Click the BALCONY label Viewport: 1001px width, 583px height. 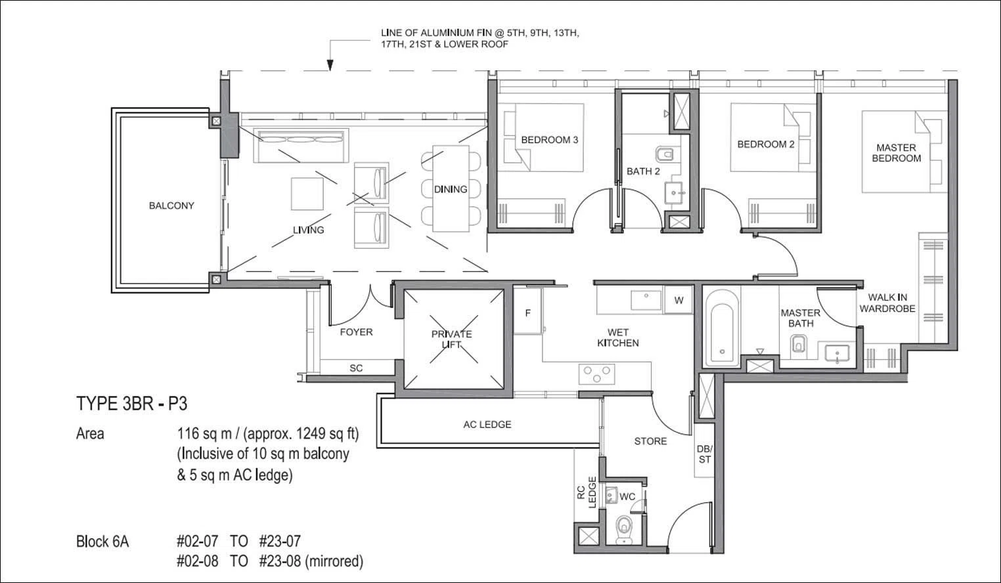coord(171,205)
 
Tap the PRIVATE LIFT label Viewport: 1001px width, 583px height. coord(451,339)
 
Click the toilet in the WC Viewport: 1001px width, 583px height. coord(624,529)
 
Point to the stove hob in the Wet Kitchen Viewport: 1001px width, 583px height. coord(596,374)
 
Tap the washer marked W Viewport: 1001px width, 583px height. coord(678,300)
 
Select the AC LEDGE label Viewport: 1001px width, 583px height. coord(487,424)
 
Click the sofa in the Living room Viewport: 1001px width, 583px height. coord(301,146)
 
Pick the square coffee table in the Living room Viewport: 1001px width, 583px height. coord(307,194)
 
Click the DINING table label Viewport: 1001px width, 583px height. coord(451,190)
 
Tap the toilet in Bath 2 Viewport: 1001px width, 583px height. coord(665,154)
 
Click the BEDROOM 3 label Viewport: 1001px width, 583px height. coord(550,140)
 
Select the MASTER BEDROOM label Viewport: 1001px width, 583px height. coord(897,153)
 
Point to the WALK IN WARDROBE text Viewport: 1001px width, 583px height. coord(887,303)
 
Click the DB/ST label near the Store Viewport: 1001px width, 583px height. coord(705,454)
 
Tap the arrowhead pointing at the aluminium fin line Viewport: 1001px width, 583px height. coord(330,65)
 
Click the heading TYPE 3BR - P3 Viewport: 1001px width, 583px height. coord(132,403)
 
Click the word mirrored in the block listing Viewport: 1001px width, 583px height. coord(334,561)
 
